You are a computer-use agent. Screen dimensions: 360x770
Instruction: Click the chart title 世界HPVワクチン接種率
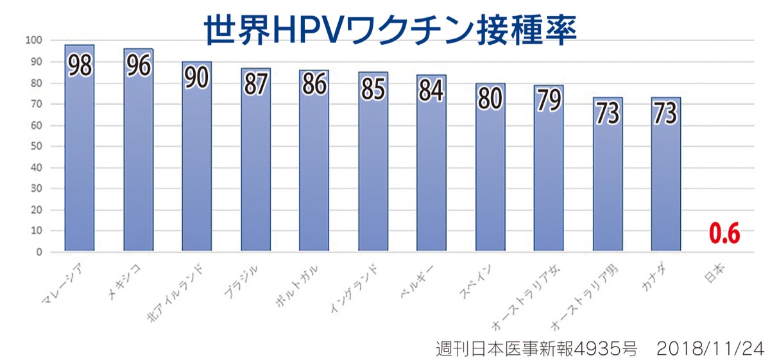tap(390, 29)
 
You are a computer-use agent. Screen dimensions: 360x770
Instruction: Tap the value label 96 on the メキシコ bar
tap(139, 67)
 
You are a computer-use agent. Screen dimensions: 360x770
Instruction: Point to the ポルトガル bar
tap(314, 173)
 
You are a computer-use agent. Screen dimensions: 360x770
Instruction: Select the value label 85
tap(373, 89)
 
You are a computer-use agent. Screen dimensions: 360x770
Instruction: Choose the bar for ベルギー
tap(431, 173)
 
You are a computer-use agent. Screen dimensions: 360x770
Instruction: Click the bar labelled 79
tap(549, 180)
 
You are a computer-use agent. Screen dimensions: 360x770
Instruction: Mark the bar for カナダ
tap(665, 186)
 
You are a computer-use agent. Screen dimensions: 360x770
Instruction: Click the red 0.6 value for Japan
tap(724, 235)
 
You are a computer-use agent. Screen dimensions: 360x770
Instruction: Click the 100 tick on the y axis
tap(33, 40)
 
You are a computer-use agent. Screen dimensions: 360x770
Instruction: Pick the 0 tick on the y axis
tap(38, 252)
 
